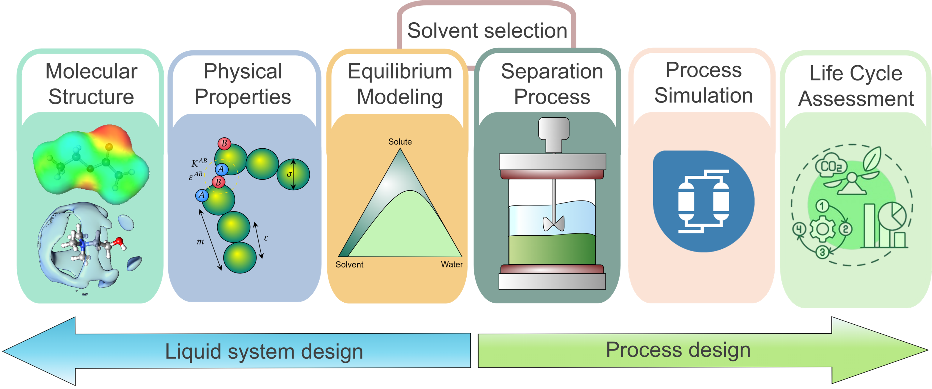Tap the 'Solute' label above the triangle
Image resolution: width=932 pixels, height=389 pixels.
(x=400, y=141)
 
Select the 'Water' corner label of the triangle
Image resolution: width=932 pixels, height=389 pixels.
(x=451, y=264)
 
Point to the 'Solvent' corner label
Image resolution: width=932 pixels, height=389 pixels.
(x=349, y=264)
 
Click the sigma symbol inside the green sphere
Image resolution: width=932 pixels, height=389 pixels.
(x=289, y=174)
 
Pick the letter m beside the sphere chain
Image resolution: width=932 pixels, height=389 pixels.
(x=200, y=242)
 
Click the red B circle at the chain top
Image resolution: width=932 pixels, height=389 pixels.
(x=224, y=144)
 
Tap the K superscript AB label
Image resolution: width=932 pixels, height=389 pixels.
(x=199, y=163)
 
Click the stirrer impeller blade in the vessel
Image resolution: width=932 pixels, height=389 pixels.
(x=553, y=223)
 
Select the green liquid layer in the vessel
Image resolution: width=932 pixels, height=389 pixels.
(x=552, y=250)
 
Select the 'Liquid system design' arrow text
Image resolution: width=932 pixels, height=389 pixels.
(x=264, y=351)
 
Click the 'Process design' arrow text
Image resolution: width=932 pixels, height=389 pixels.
(x=678, y=350)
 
